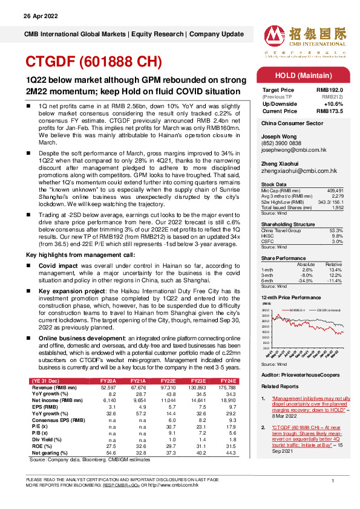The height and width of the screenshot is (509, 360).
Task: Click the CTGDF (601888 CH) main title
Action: [x=93, y=62]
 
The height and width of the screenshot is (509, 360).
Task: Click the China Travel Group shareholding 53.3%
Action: [x=336, y=230]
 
